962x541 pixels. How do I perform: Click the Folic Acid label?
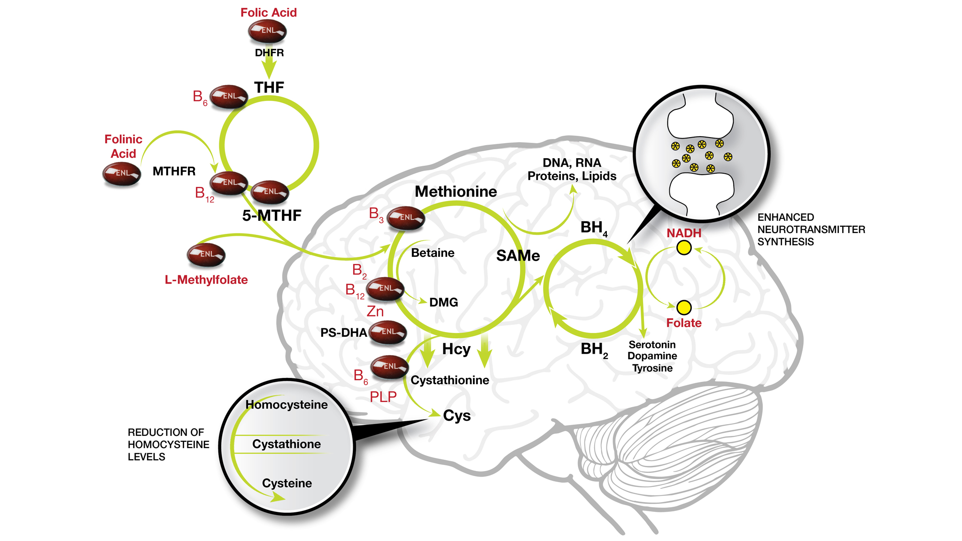(268, 13)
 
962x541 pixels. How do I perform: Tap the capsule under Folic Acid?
(267, 31)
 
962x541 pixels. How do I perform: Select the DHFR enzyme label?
(269, 53)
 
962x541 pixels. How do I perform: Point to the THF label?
(269, 87)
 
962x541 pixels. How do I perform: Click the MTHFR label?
(174, 171)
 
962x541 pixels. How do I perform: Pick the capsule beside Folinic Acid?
(122, 173)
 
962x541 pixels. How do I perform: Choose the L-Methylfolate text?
(206, 280)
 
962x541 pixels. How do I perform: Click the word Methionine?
(456, 192)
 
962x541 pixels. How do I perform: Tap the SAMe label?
(518, 256)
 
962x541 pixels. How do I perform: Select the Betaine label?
(433, 253)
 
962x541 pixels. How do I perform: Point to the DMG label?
(443, 302)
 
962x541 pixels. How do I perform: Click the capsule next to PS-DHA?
(388, 332)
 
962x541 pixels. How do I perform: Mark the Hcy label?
(456, 349)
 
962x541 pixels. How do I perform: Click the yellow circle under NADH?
(684, 247)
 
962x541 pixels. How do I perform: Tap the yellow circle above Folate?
(684, 308)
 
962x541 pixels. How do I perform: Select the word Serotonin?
(652, 345)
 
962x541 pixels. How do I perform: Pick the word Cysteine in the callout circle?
(287, 483)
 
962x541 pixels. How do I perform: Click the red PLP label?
(383, 397)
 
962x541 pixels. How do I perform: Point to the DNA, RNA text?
(572, 163)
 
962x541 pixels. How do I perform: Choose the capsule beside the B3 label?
(406, 218)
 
